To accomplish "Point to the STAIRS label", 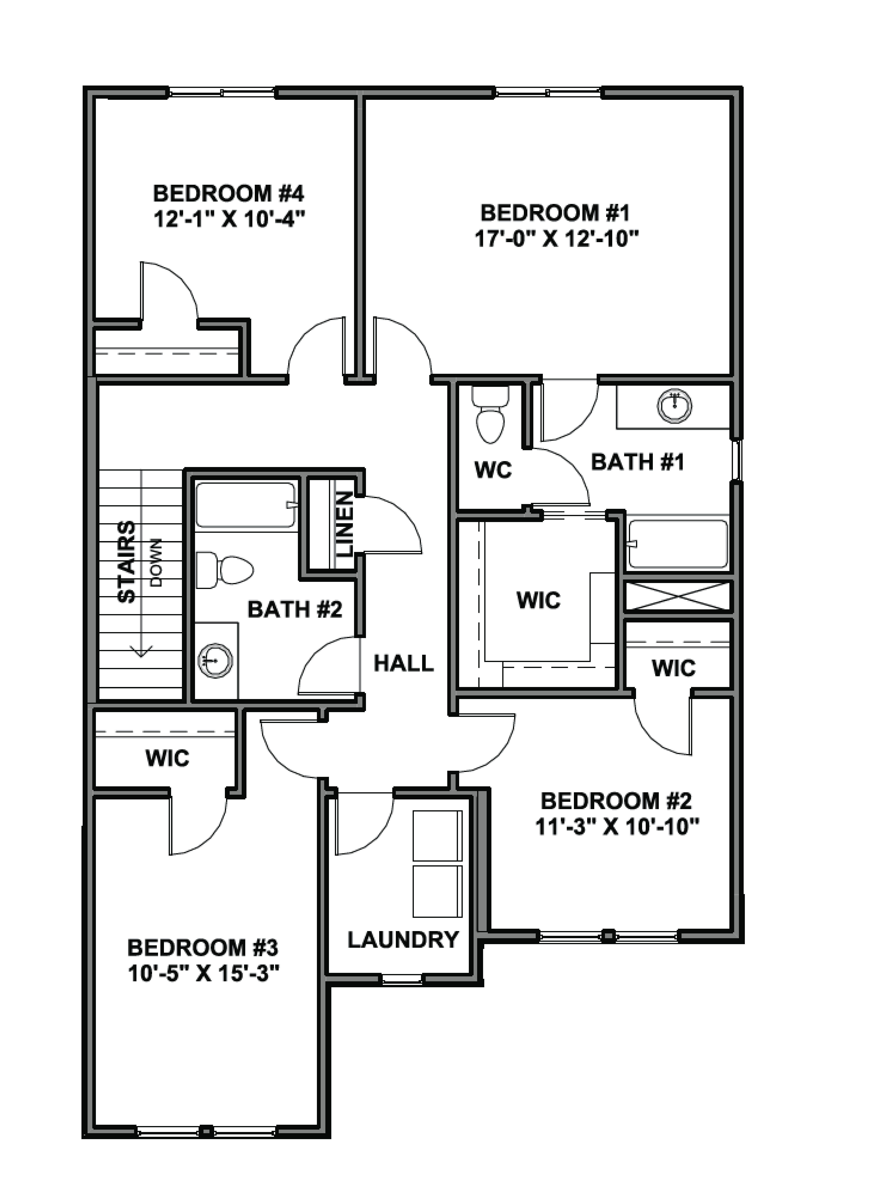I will coord(127,561).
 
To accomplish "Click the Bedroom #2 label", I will coord(616,801).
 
